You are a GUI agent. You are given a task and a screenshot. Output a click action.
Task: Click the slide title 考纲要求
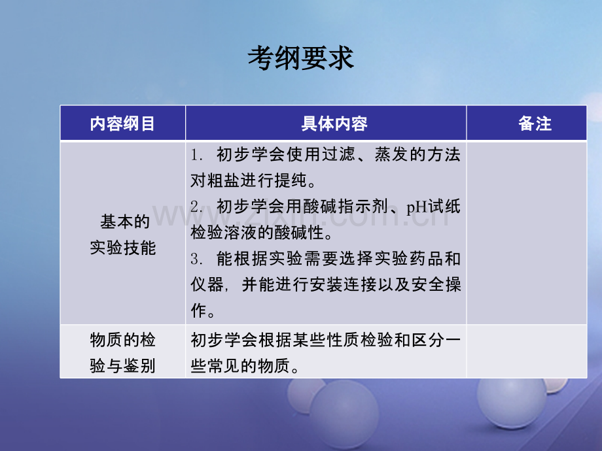click(300, 58)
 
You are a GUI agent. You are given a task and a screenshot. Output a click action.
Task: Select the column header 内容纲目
click(122, 124)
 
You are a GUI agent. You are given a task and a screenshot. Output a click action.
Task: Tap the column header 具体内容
click(334, 124)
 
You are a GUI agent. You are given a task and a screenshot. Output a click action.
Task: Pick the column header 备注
click(535, 124)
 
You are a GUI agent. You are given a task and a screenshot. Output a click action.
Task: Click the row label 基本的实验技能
click(123, 235)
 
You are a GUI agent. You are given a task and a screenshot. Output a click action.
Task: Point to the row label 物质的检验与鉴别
click(123, 353)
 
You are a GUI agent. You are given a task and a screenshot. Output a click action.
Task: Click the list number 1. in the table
click(196, 155)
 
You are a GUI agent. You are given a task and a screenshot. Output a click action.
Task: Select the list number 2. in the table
click(196, 207)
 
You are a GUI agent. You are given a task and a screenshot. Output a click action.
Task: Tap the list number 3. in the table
click(196, 259)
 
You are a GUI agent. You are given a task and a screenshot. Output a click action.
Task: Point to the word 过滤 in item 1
click(338, 154)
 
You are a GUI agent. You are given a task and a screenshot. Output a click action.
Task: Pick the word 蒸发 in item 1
click(391, 154)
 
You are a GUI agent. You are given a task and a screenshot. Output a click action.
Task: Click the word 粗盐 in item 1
click(224, 180)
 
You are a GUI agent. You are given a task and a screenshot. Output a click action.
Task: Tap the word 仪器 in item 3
click(207, 285)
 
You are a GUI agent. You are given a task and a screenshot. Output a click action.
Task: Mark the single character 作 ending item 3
click(199, 310)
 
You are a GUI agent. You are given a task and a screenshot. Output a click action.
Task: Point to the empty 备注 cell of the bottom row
click(526, 351)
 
